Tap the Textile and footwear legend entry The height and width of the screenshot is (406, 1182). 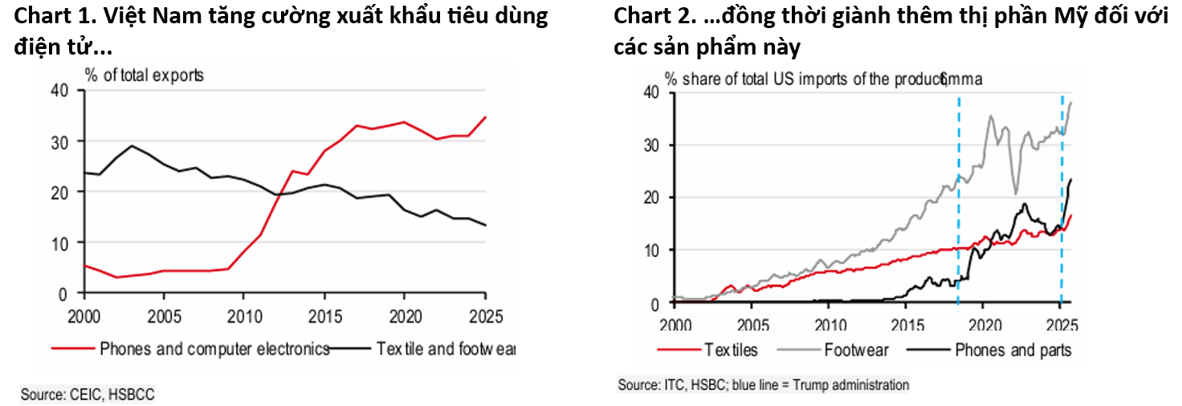pos(446,349)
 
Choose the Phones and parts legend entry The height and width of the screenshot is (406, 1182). pos(1013,350)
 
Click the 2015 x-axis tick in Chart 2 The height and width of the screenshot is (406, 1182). pos(906,325)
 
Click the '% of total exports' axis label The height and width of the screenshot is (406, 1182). pos(145,76)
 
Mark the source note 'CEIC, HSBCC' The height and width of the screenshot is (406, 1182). pos(88,394)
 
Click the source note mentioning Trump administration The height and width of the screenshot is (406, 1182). pos(763,385)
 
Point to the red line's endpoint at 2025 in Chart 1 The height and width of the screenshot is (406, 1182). pos(485,117)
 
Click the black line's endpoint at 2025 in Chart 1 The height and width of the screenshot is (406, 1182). pos(485,225)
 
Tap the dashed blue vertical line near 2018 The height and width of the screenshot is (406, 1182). pos(958,201)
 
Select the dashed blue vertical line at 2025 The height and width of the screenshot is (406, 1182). pos(1062,201)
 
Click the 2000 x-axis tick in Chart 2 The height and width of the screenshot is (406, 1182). pos(675,325)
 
